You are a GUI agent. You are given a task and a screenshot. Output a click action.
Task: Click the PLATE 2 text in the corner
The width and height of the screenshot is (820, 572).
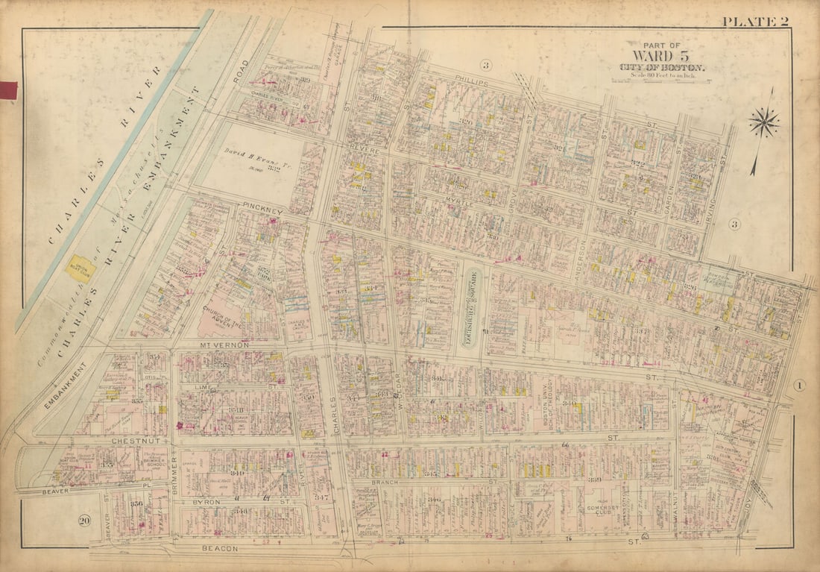[x=754, y=21]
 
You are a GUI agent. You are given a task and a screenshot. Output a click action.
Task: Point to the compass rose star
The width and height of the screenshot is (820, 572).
[x=764, y=122]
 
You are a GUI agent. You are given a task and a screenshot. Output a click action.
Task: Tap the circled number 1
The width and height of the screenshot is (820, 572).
[x=798, y=385]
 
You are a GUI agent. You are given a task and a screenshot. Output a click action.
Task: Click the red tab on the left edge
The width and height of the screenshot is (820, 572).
[x=8, y=91]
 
